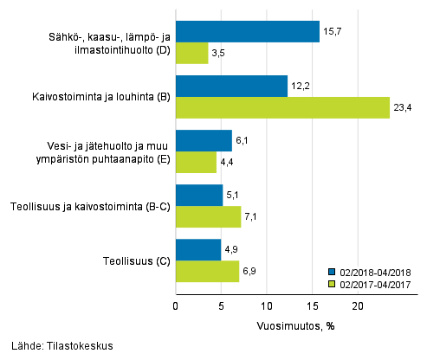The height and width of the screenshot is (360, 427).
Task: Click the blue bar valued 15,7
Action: (247, 33)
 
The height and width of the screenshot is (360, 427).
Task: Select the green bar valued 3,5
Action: (191, 54)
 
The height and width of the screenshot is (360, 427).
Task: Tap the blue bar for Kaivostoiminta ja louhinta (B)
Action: (231, 87)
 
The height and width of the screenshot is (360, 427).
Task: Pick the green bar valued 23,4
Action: (282, 107)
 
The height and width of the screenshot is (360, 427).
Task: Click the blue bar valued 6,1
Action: (204, 141)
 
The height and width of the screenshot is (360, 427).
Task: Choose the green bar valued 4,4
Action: (196, 162)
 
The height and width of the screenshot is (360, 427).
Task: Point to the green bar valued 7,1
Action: (208, 216)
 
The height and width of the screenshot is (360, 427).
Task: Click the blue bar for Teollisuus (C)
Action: (198, 250)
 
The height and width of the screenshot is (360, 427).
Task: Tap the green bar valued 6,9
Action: (207, 271)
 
